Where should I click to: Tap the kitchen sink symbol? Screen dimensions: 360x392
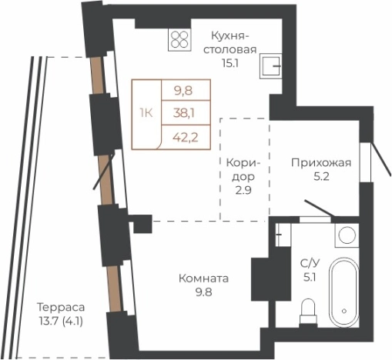coord(271,67)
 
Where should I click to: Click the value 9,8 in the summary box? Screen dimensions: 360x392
coord(183,91)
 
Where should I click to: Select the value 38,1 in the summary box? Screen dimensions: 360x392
coord(183,114)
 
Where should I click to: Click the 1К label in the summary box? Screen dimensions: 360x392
coord(146,114)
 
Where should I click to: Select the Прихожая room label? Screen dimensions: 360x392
coord(320,162)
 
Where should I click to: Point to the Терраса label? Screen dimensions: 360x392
coord(62,306)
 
